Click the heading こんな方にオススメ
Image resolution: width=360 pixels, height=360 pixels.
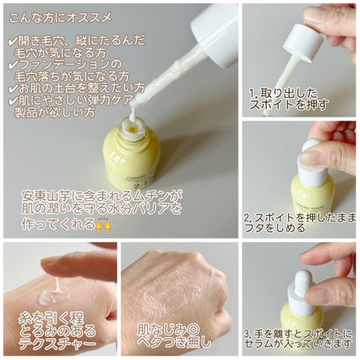point(60,18)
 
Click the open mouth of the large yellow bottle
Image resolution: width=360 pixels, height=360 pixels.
point(131,129)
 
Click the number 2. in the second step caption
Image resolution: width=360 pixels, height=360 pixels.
point(249,218)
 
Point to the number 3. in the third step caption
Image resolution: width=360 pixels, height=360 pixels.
point(249,333)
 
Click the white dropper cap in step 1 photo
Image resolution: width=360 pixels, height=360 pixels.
point(304,43)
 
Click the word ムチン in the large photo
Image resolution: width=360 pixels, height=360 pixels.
point(149,197)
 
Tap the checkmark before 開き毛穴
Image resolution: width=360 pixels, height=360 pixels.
point(13,41)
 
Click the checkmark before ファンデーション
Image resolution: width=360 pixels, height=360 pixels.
point(13,64)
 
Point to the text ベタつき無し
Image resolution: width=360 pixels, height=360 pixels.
point(174,343)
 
